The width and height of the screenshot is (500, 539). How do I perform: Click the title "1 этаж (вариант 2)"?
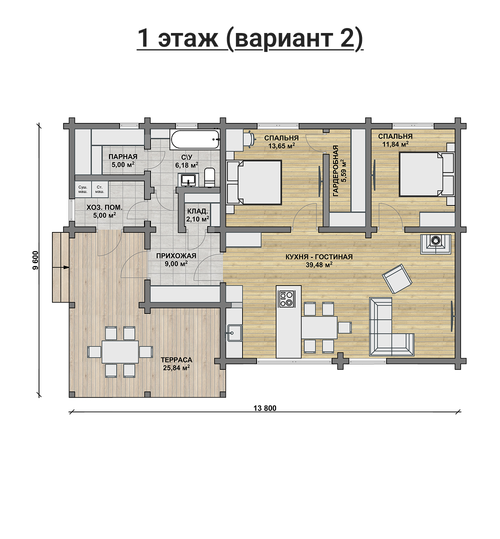[x=250, y=39]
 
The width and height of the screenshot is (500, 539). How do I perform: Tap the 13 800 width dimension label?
[x=264, y=408]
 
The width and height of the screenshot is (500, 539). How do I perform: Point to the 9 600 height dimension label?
[x=36, y=260]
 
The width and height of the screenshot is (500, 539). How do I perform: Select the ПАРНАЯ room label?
[x=122, y=157]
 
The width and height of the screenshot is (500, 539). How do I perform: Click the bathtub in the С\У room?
[x=194, y=139]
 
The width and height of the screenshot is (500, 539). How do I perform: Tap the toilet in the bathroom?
[x=209, y=177]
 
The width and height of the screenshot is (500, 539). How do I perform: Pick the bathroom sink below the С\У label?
[x=187, y=180]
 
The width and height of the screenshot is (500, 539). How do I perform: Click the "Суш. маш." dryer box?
[x=82, y=189]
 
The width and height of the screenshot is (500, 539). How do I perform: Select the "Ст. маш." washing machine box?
[x=100, y=189]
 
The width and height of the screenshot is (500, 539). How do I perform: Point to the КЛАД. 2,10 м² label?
[x=197, y=214]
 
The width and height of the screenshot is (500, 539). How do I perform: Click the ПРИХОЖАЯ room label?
[x=176, y=256]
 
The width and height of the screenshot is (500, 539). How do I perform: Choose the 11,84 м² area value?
[x=395, y=144]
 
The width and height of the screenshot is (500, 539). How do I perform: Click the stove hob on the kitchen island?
[x=286, y=298]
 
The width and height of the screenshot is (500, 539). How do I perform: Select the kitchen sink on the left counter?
[x=234, y=333]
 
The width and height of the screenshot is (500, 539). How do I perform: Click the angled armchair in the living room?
[x=397, y=278]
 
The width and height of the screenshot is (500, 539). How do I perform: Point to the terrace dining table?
[x=120, y=351]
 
